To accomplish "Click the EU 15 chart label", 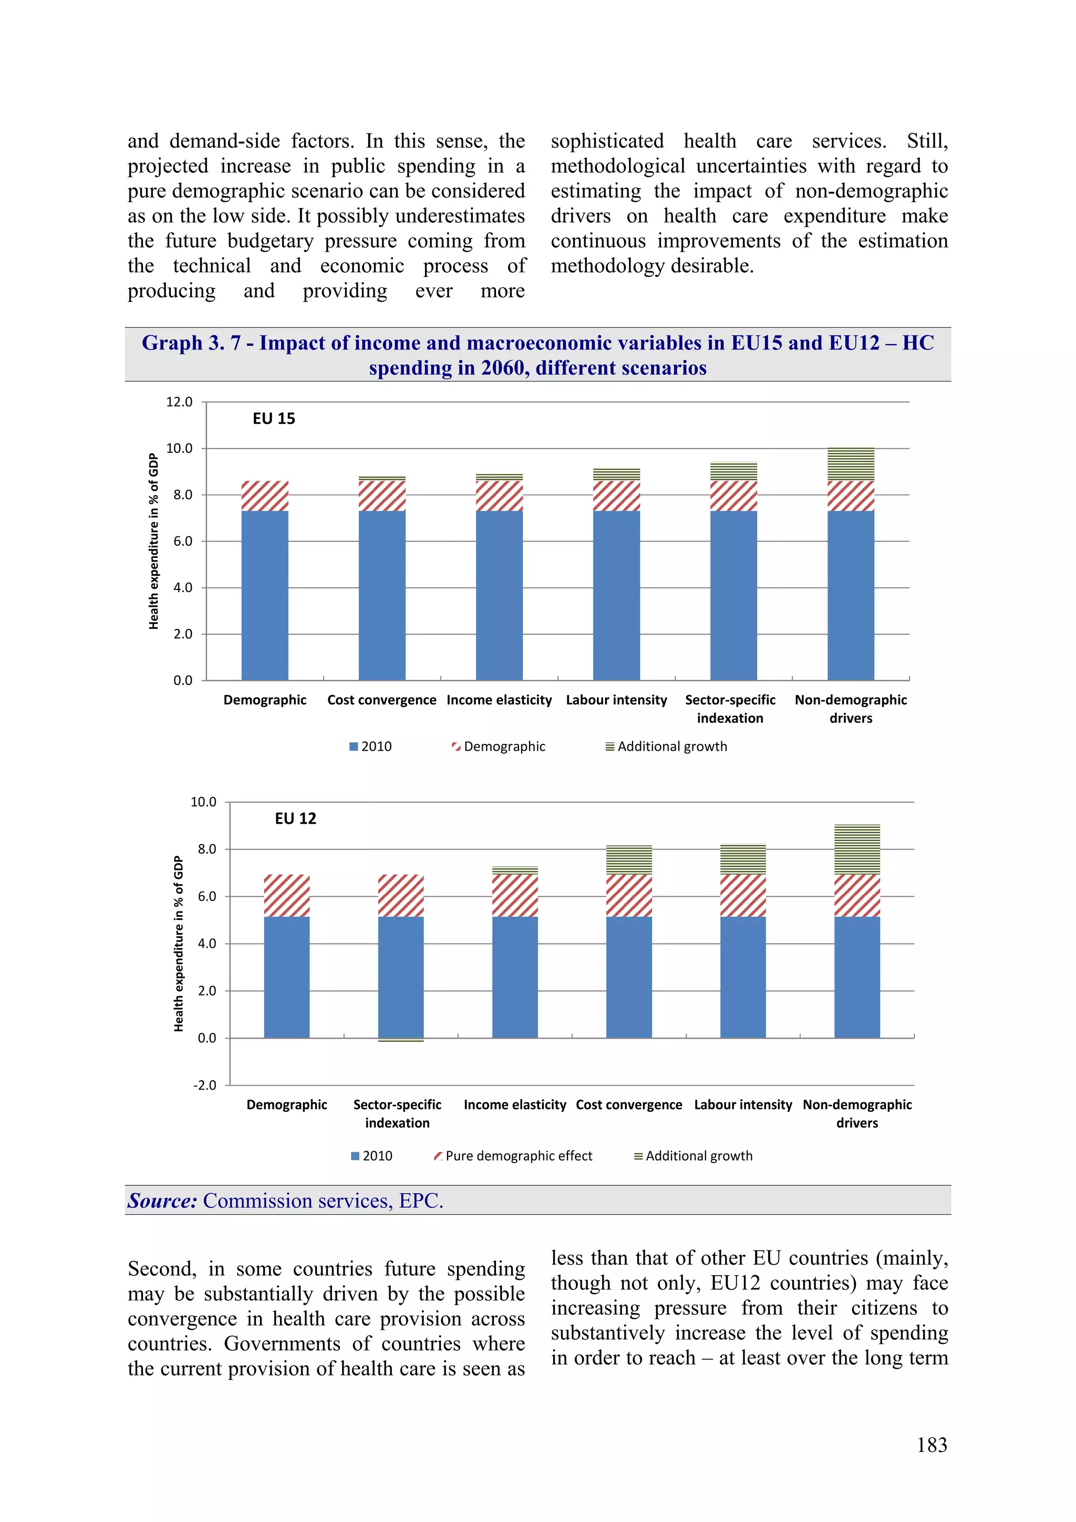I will [273, 418].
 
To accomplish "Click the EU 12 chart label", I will [295, 818].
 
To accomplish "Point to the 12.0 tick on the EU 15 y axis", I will [179, 402].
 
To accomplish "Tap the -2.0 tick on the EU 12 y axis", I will [204, 1085].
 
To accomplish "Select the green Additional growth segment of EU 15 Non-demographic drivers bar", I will [851, 464].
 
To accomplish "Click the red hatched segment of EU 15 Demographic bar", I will [264, 496].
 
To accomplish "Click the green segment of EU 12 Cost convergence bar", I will [628, 860].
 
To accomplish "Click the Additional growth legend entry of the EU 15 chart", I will [671, 747].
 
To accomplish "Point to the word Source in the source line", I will [162, 1200].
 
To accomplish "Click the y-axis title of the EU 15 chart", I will [154, 541].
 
